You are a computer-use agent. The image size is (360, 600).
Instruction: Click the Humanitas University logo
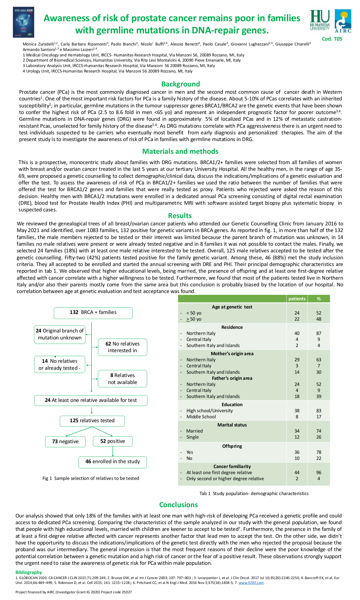(x=320, y=20)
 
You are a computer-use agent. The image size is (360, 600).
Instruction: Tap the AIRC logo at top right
(x=343, y=21)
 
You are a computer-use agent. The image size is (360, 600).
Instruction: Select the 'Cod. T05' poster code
(x=332, y=39)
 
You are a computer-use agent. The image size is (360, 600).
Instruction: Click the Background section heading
(x=180, y=84)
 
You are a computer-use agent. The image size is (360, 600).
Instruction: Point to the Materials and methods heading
(x=180, y=151)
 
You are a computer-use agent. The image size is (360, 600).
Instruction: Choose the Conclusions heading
(x=178, y=505)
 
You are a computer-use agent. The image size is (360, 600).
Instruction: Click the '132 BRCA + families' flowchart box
(x=93, y=313)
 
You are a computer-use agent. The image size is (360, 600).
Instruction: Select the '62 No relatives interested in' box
(x=123, y=347)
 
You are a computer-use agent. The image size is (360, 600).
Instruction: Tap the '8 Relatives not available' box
(x=123, y=379)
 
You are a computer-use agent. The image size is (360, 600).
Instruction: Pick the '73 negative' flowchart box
(x=65, y=441)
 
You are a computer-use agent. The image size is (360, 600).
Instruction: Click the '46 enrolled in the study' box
(x=113, y=462)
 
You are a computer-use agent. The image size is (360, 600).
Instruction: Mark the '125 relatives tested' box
(x=92, y=421)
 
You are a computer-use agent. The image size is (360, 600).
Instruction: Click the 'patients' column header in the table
(x=297, y=299)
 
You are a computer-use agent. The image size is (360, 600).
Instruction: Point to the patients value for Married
(x=297, y=431)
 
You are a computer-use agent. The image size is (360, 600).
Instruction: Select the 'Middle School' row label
(x=201, y=417)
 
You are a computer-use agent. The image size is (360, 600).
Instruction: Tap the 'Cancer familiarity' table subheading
(x=232, y=467)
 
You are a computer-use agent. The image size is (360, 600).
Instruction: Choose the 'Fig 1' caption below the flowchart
(x=91, y=478)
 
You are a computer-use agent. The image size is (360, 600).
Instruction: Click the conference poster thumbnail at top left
(x=23, y=22)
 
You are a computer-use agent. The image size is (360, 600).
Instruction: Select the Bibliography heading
(x=29, y=572)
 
